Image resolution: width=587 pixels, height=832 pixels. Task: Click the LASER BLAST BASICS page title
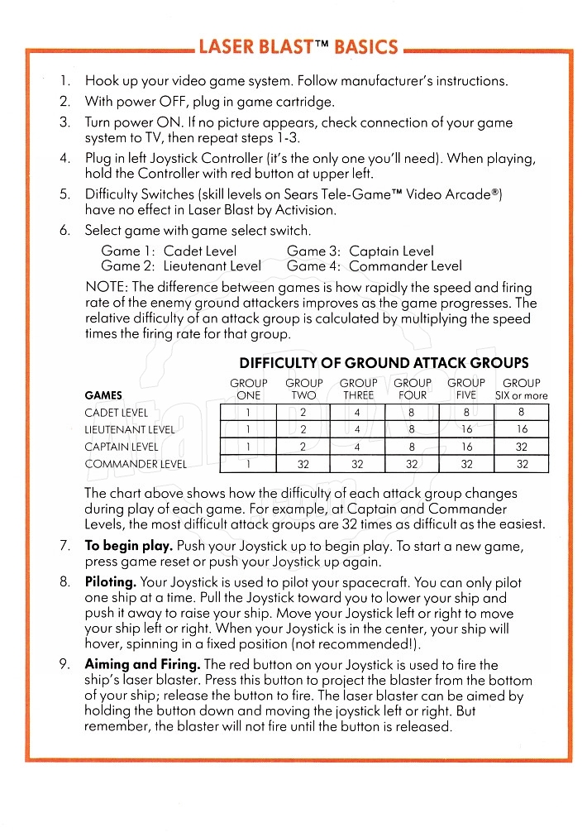(x=298, y=47)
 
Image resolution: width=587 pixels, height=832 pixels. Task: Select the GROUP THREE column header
(x=358, y=389)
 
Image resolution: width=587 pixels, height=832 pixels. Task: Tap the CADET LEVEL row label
(x=117, y=412)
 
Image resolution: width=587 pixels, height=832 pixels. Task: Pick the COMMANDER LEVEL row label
(x=136, y=464)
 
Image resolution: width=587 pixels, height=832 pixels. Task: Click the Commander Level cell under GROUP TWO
(x=303, y=464)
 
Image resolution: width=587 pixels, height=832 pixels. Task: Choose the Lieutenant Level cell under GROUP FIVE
(x=466, y=429)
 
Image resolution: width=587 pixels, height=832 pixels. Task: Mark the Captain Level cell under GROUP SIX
(x=522, y=447)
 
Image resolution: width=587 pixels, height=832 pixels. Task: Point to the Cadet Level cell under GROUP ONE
(x=247, y=412)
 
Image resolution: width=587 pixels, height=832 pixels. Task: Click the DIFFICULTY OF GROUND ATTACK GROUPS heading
(x=384, y=363)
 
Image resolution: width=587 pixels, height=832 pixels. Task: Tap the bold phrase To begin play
(x=128, y=547)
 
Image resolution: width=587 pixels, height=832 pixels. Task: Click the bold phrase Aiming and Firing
(x=142, y=664)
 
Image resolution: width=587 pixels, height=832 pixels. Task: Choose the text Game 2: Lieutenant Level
(x=180, y=266)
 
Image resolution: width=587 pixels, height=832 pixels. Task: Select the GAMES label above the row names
(x=103, y=395)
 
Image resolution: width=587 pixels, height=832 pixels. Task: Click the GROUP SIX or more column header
(x=521, y=389)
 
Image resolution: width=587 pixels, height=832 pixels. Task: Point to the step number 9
(x=64, y=664)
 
